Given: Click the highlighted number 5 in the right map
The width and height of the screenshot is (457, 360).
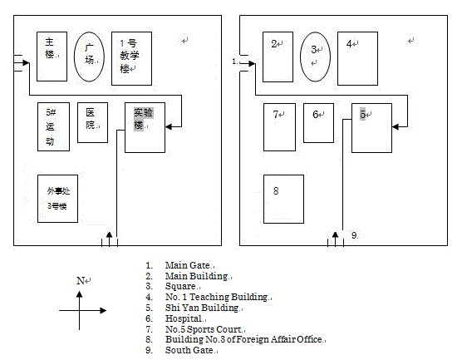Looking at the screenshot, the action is point(362,114).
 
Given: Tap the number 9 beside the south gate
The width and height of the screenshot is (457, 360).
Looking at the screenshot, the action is point(354,235).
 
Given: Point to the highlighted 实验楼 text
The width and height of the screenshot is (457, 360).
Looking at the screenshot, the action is point(143,119).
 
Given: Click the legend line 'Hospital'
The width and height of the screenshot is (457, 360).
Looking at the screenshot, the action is point(184,318).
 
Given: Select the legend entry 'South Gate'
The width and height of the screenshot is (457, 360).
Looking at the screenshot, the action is point(189,350).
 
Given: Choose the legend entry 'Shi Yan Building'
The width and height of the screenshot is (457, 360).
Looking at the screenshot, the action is point(202,308).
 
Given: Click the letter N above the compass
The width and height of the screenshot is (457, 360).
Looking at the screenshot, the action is point(80,281).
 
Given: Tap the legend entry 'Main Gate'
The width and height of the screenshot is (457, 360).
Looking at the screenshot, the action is point(188,265).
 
